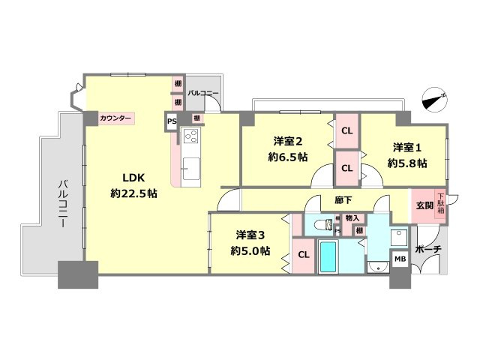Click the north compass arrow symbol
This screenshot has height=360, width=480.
click(x=433, y=98)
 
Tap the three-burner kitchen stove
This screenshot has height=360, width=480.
click(x=190, y=137)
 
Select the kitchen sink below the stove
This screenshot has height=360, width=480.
click(x=190, y=165)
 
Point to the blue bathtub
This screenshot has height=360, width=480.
click(x=328, y=257)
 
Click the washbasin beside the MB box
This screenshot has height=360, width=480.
click(x=378, y=265)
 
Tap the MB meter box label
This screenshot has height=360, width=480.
click(x=400, y=259)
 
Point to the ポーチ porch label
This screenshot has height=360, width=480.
click(x=427, y=248)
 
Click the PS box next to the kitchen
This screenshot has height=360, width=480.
click(x=172, y=120)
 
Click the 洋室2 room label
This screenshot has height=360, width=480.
click(x=286, y=140)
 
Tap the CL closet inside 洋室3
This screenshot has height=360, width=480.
click(x=304, y=254)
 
